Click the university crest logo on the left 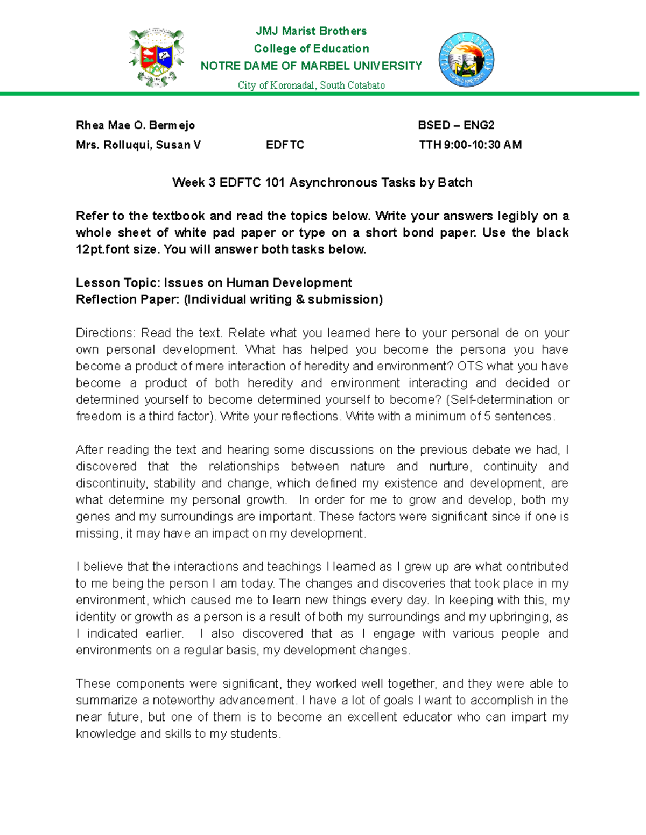156,58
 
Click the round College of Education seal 467,60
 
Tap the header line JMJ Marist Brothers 311,31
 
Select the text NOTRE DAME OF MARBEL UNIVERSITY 311,66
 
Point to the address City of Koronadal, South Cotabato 311,85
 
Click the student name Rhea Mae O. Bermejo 135,125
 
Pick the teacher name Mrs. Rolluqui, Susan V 138,145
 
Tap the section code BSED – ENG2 456,125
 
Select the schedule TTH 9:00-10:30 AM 470,145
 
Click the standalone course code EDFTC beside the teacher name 285,145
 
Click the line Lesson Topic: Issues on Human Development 214,283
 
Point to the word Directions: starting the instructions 105,333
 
